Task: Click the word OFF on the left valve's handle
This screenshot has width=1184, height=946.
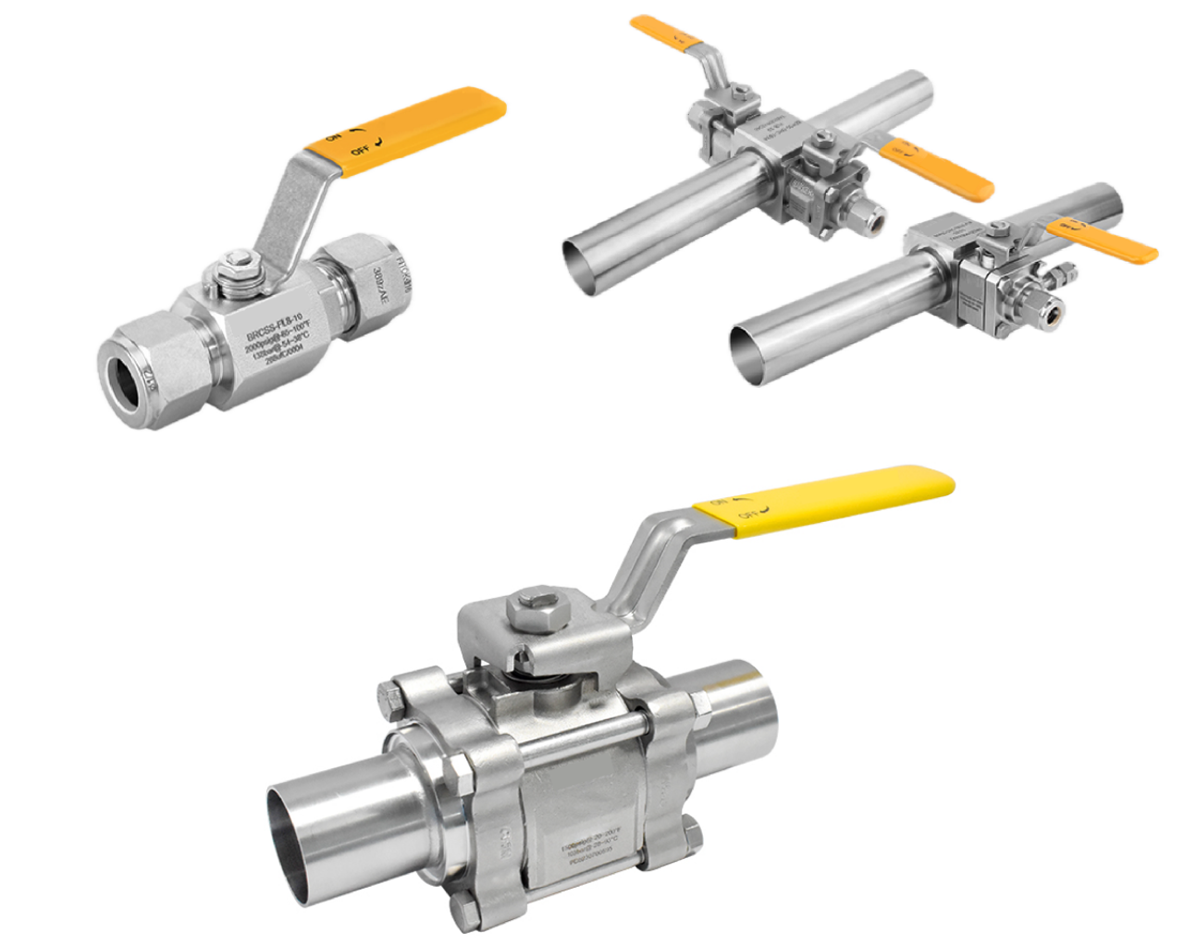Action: click(x=360, y=149)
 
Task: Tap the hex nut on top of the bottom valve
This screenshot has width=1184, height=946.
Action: click(x=532, y=611)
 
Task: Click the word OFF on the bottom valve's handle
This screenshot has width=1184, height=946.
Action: click(x=747, y=513)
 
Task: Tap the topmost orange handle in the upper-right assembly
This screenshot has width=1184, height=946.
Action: click(x=666, y=31)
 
